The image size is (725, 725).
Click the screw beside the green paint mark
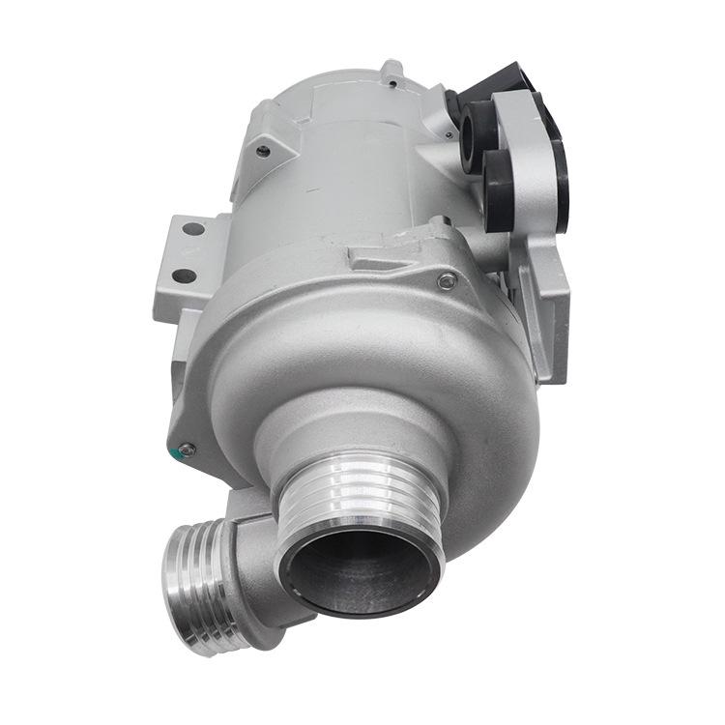(188, 449)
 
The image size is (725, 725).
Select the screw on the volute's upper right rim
(447, 282)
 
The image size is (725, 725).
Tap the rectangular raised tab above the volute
(382, 259)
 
